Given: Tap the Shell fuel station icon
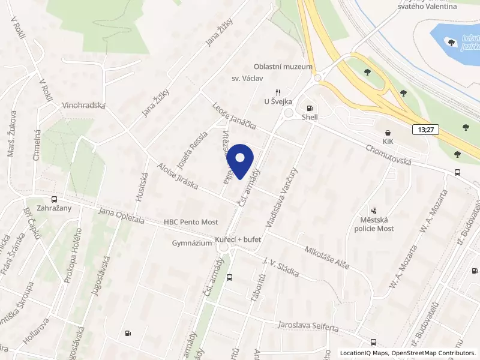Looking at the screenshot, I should pyautogui.click(x=310, y=107).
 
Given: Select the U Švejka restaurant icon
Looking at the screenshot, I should pyautogui.click(x=278, y=92).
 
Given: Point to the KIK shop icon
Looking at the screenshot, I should pyautogui.click(x=388, y=133).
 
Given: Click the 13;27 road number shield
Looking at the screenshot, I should pyautogui.click(x=424, y=130).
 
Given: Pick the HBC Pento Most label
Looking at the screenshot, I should pyautogui.click(x=191, y=221).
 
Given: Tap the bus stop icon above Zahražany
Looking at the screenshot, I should pyautogui.click(x=54, y=199).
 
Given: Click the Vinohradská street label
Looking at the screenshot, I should pyautogui.click(x=83, y=106).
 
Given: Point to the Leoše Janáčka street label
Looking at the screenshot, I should pyautogui.click(x=234, y=116).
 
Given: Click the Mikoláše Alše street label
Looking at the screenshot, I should pyautogui.click(x=326, y=258).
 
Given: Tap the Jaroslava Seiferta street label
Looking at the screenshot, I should pyautogui.click(x=308, y=327).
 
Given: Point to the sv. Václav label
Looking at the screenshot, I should pyautogui.click(x=244, y=79).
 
